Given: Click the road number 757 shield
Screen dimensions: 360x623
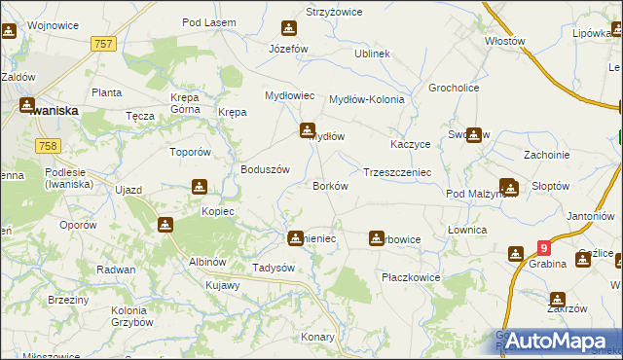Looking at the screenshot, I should tap(103, 44).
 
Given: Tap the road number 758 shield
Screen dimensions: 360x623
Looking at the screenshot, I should tap(46, 145).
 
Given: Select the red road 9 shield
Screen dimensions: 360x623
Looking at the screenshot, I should tap(543, 250).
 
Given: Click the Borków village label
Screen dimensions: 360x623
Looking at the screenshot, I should tap(330, 186).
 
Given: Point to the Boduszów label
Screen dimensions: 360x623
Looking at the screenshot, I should tap(266, 168).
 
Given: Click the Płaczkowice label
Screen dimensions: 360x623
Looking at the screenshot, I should tap(410, 277).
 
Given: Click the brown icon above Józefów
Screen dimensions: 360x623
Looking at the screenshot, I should tap(289, 28).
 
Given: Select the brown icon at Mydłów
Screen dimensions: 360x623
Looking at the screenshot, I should tap(308, 128).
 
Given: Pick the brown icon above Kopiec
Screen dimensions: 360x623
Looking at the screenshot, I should tap(200, 187).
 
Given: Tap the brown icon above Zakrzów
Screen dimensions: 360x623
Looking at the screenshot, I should tap(557, 300).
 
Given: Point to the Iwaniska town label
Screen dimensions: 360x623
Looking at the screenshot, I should tap(54, 111).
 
